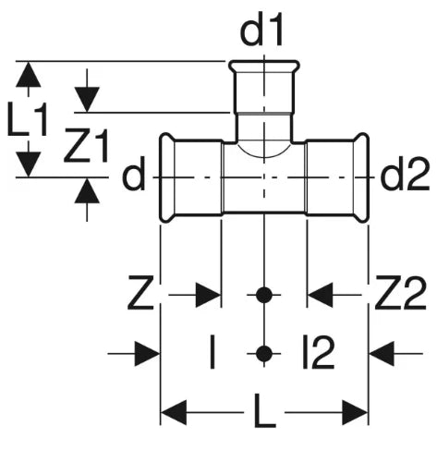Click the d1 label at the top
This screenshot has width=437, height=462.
point(261,30)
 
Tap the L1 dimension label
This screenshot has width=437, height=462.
point(28,120)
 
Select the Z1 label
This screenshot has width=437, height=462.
point(86,146)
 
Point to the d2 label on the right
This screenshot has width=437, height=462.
point(405,176)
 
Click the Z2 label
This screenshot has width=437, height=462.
point(400,293)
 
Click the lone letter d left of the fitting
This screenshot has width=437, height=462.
point(133,176)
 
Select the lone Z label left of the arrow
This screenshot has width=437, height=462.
point(140,293)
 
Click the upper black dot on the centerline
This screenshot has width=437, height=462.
point(264,295)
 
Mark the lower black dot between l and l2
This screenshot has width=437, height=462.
point(264,354)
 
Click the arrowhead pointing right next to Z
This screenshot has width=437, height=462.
point(209,295)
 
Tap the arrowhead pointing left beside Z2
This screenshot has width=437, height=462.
point(320,295)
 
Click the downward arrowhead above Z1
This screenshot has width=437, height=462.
point(87,100)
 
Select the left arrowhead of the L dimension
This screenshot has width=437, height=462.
point(174,412)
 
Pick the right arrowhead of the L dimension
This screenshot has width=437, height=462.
point(355,412)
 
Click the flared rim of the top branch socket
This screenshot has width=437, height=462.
point(264,66)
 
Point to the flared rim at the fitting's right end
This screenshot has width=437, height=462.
point(361,177)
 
